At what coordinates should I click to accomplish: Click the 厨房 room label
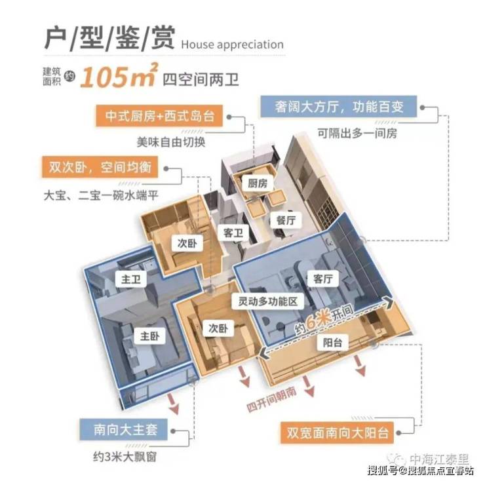[258, 183]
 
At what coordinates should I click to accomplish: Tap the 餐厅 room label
[286, 220]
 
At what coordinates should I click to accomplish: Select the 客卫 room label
[233, 233]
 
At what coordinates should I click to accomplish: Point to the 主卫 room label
[131, 279]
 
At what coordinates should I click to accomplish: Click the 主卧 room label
[149, 336]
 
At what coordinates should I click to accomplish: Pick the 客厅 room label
[323, 279]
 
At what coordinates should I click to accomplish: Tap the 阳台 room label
[332, 343]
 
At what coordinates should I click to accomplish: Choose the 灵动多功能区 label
[268, 301]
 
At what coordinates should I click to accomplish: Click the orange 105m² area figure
[119, 75]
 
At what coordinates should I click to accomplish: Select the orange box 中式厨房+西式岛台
[159, 116]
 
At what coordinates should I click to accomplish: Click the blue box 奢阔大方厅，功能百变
[339, 107]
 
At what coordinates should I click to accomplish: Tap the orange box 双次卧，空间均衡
[100, 167]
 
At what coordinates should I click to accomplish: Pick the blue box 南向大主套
[124, 430]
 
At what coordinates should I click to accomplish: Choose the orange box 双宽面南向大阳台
[337, 433]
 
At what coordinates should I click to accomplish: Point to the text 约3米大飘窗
[125, 457]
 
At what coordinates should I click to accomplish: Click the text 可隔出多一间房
[357, 134]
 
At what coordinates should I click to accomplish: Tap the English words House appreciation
[232, 45]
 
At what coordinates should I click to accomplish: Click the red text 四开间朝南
[272, 399]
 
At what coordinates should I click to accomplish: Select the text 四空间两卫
[201, 79]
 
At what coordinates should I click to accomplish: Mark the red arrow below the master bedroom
[174, 404]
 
